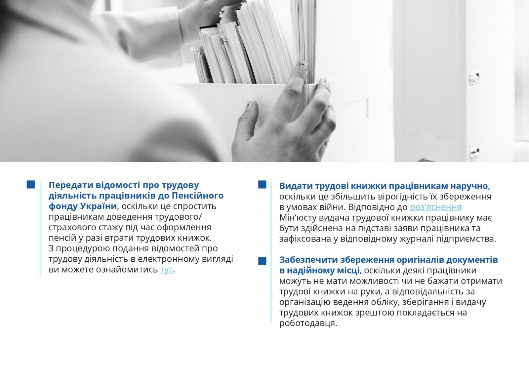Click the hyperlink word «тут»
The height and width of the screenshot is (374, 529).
[167, 270]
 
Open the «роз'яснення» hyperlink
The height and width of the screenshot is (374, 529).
[435, 207]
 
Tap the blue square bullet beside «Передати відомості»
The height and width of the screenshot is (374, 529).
[31, 185]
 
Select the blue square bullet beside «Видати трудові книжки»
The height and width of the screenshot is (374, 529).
[262, 185]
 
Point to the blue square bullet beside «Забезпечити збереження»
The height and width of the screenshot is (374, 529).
[262, 261]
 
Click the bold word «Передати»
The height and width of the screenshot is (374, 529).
[70, 185]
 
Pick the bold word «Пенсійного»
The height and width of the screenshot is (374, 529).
[197, 196]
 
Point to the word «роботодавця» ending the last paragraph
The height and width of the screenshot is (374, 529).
[308, 323]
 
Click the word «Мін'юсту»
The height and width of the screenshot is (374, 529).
[298, 218]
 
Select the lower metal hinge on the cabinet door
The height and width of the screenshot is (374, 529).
[474, 154]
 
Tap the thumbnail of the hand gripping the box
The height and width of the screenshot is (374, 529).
[250, 105]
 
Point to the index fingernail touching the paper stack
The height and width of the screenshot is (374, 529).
[304, 66]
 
